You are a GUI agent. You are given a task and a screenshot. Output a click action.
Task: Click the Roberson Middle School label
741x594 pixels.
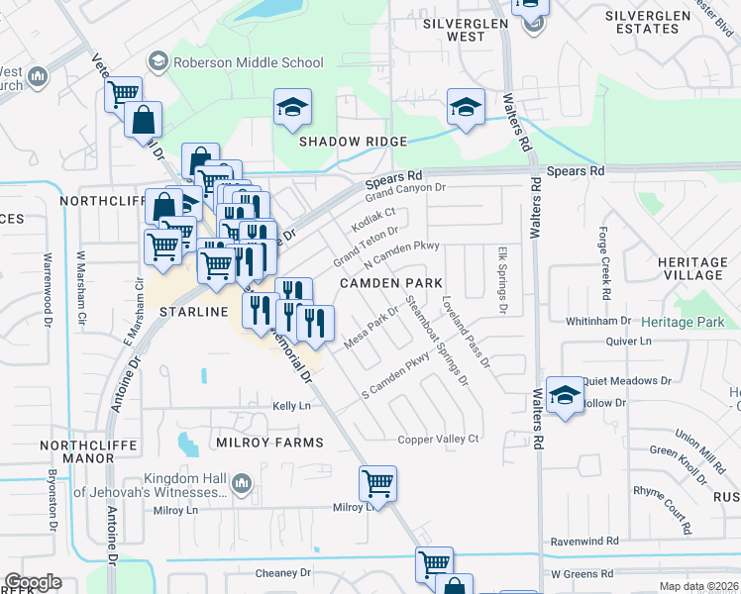coord(248,62)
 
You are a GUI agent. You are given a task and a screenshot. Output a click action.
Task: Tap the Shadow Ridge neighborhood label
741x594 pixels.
coord(355,141)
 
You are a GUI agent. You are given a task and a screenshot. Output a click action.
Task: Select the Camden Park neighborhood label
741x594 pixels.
coord(391,283)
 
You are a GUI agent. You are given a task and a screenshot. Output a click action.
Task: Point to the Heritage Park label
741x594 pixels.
coord(683,323)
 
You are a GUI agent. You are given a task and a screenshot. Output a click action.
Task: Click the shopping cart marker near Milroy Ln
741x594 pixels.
coord(377,484)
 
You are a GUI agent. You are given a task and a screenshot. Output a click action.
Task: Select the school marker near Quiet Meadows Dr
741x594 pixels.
coord(565,397)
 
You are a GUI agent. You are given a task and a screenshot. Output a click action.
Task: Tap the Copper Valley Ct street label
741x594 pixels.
coord(438,439)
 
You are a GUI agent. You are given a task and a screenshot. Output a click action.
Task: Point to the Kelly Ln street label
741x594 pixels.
coord(291,406)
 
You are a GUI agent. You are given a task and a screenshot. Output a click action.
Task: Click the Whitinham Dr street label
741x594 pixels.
coord(597,321)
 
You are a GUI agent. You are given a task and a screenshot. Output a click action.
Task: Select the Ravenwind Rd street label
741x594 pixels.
coord(584,542)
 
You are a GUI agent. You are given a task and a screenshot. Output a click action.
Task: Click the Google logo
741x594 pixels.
coord(33,582)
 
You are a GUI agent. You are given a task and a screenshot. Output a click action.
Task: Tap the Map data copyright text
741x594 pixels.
coord(697,586)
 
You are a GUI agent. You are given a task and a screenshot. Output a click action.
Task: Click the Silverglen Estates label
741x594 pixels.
coord(655,23)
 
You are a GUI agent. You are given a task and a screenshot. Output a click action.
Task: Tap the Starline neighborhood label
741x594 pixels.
coord(194,312)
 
